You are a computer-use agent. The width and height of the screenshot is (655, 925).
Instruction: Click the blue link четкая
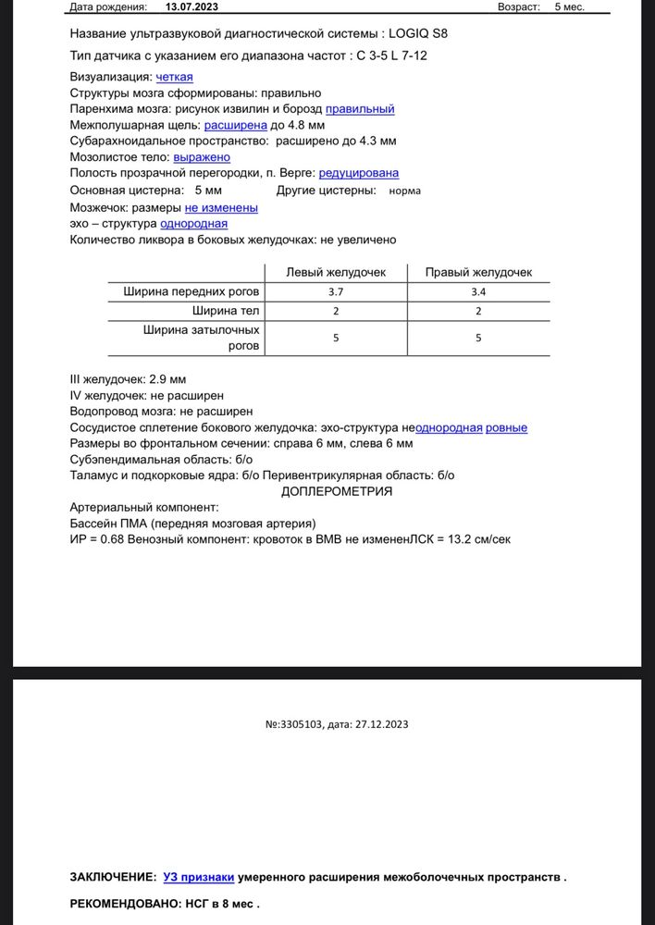(175, 77)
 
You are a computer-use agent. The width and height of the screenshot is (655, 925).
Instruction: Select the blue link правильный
(360, 108)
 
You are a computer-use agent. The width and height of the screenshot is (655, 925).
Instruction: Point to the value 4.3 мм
(378, 141)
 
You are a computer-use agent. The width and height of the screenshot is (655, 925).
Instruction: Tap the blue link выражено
(202, 156)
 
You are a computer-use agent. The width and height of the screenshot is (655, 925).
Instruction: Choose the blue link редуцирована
(358, 172)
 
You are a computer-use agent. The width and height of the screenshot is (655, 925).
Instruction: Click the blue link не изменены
(221, 208)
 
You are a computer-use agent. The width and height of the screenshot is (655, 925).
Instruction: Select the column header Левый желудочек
(335, 272)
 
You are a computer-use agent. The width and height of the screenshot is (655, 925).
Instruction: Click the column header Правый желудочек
(478, 272)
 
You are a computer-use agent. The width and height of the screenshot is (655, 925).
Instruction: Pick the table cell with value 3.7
(335, 291)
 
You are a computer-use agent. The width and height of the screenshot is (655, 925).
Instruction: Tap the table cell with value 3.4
(478, 291)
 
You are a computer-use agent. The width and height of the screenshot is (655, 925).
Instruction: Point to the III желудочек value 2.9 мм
(167, 379)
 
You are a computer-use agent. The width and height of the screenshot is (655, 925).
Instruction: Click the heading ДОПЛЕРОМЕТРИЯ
(336, 490)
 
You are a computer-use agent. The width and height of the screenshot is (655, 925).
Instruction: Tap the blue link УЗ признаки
(198, 876)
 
